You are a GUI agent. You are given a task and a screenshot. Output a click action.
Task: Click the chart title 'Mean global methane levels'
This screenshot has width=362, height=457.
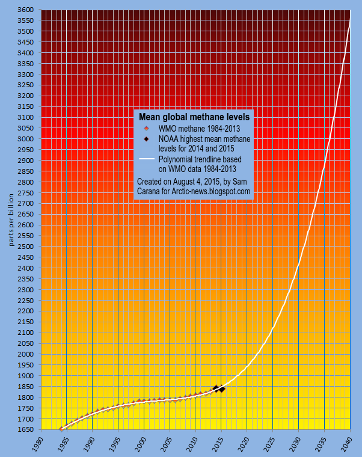tap(194, 117)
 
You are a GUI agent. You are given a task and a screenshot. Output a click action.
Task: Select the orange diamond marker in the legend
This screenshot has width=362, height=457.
tap(146, 129)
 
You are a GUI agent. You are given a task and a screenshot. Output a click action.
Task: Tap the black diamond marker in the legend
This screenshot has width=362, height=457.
tap(146, 139)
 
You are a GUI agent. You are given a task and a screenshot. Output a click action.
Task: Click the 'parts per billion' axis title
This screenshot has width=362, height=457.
tap(11, 219)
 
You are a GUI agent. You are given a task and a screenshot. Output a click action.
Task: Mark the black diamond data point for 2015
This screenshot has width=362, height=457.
tap(222, 390)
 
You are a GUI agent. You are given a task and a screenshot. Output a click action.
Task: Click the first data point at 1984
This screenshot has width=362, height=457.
tap(61, 428)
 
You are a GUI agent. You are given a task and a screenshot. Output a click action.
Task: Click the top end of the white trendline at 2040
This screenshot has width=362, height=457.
tap(350, 20)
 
